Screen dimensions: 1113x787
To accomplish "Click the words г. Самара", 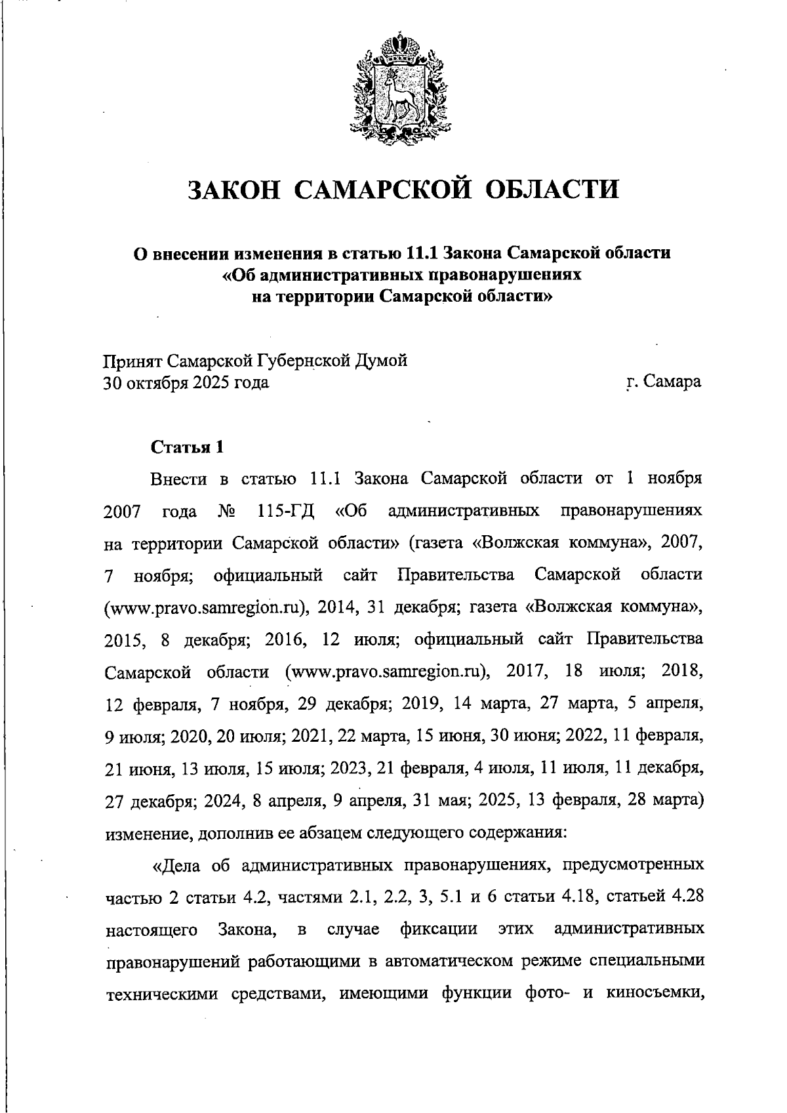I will click(664, 381).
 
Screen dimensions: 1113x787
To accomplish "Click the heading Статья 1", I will click(188, 447).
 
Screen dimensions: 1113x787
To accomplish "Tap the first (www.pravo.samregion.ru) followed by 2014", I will click(207, 607).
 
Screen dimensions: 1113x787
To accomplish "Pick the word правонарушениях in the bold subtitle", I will click(491, 275).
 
